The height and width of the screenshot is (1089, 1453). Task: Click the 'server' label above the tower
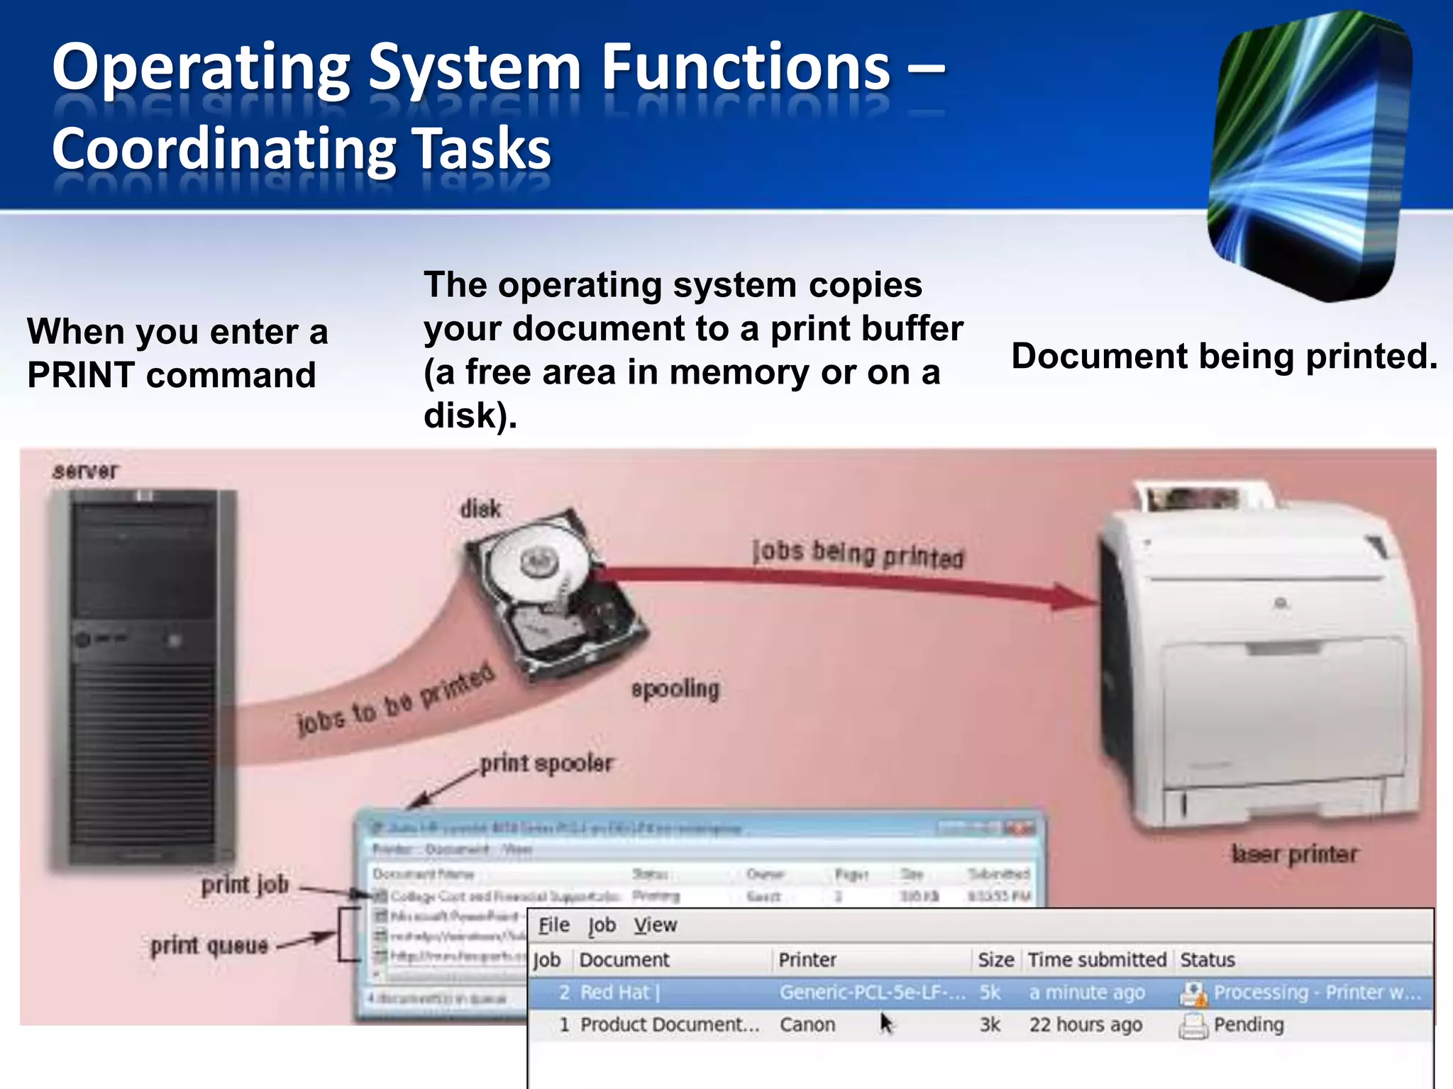coord(86,471)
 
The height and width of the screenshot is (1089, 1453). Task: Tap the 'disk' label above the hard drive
coord(480,508)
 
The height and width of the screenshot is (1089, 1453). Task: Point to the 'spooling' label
coord(675,688)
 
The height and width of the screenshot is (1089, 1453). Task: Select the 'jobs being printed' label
coord(858,554)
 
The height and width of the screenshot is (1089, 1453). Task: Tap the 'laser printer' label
coord(1295,854)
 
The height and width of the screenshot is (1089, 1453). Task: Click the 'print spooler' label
coord(546,764)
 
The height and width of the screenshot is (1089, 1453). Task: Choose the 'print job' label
coord(245,885)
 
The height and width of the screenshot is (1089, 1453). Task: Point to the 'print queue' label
coord(209,946)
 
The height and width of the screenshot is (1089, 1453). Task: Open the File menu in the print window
coord(553,925)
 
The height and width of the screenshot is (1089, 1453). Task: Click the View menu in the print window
coord(655,925)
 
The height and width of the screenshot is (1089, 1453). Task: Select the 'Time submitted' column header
coord(1097,960)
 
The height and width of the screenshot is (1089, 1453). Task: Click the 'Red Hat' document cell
coord(615,993)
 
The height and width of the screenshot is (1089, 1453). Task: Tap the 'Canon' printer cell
coord(807,1024)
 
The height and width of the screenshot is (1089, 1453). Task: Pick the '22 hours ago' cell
coord(1085,1024)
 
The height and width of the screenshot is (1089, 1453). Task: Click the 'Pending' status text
coord(1249,1024)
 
